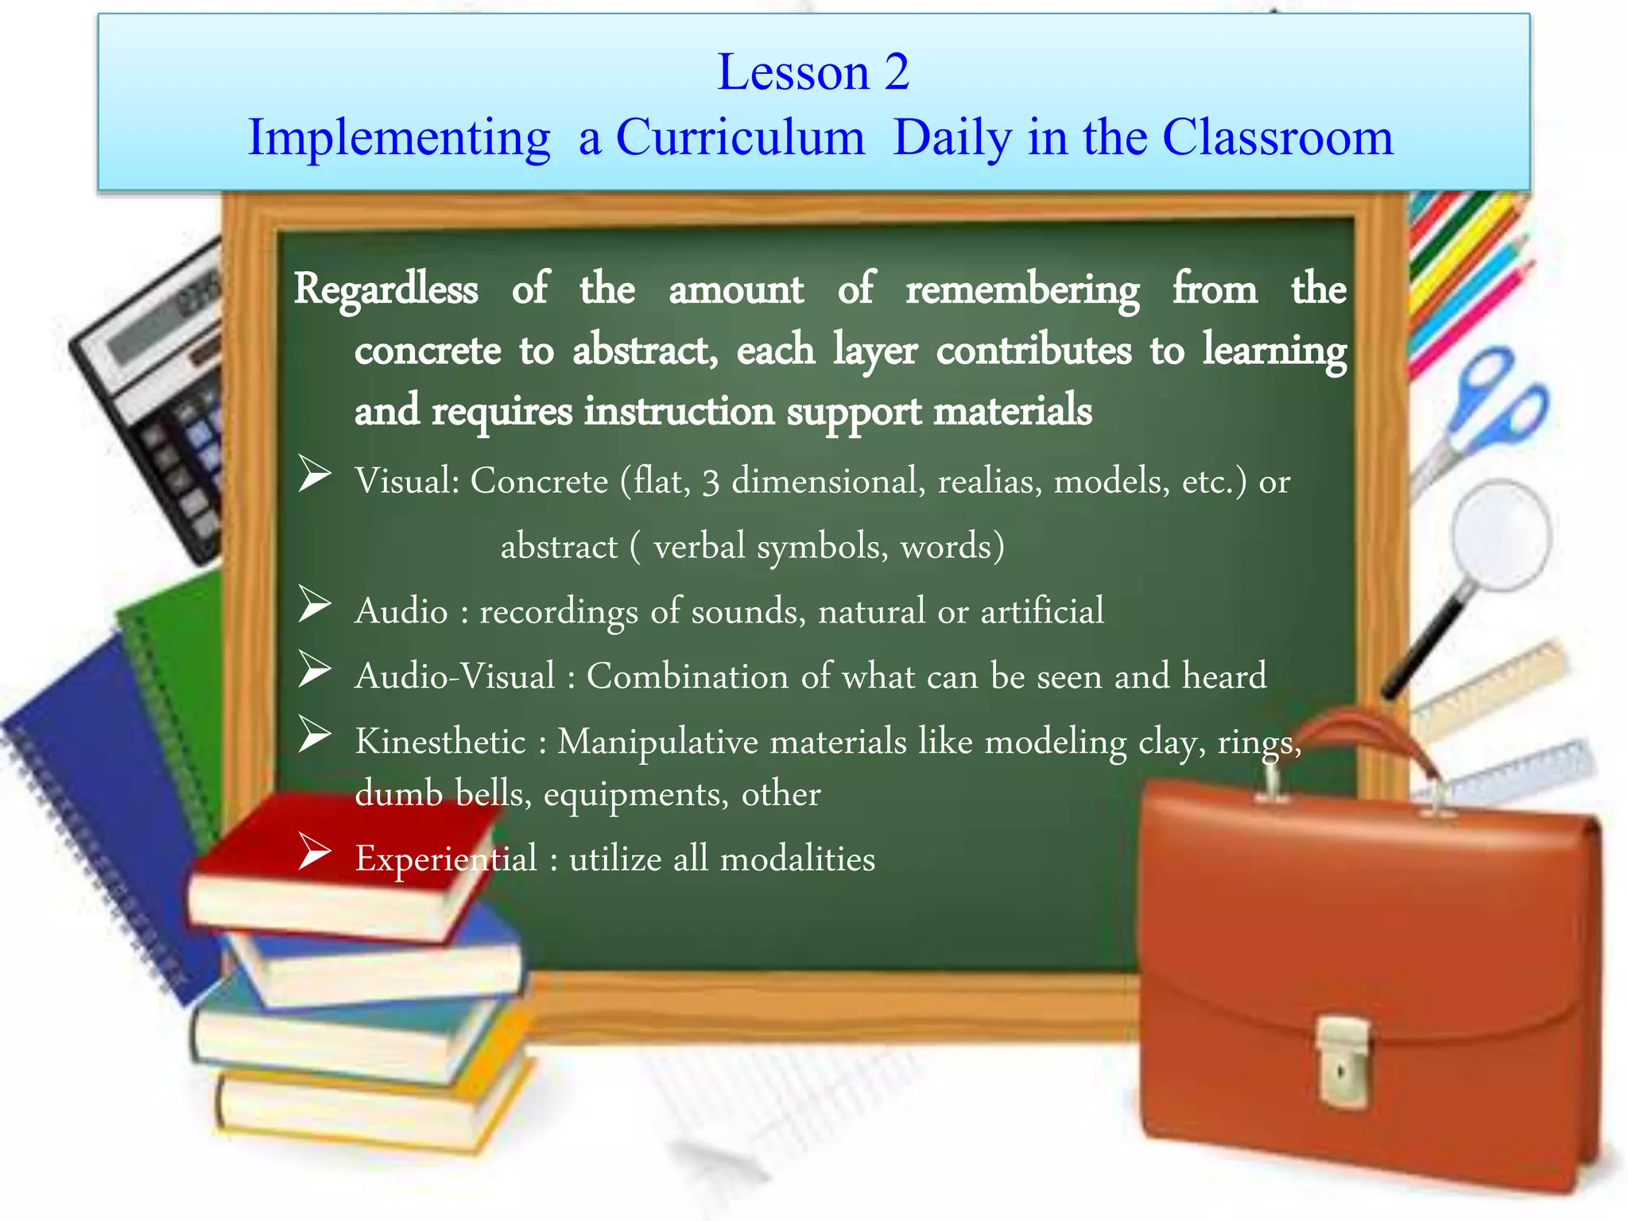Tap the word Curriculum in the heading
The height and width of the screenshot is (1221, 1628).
(x=740, y=138)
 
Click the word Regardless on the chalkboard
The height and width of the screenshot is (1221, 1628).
(x=386, y=289)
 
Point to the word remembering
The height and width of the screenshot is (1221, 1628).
(x=1022, y=289)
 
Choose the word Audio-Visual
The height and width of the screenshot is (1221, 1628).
(x=455, y=676)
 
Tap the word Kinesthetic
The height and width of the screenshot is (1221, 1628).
(x=440, y=742)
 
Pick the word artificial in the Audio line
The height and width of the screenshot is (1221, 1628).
(x=1042, y=611)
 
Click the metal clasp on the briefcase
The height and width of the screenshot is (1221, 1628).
(x=1342, y=1062)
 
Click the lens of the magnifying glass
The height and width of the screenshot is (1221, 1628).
(x=1501, y=534)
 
